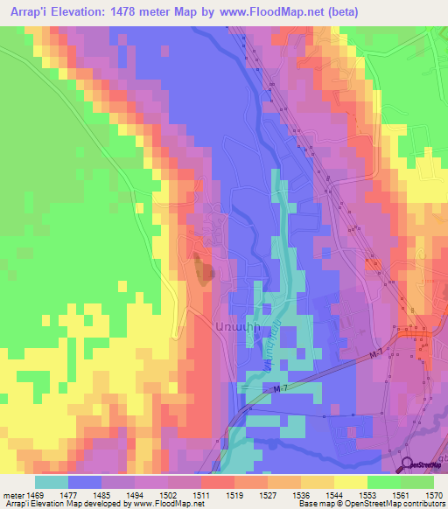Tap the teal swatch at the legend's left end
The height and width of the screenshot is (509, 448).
pyautogui.click(x=51, y=482)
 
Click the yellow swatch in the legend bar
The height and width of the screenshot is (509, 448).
pyautogui.click(x=349, y=482)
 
